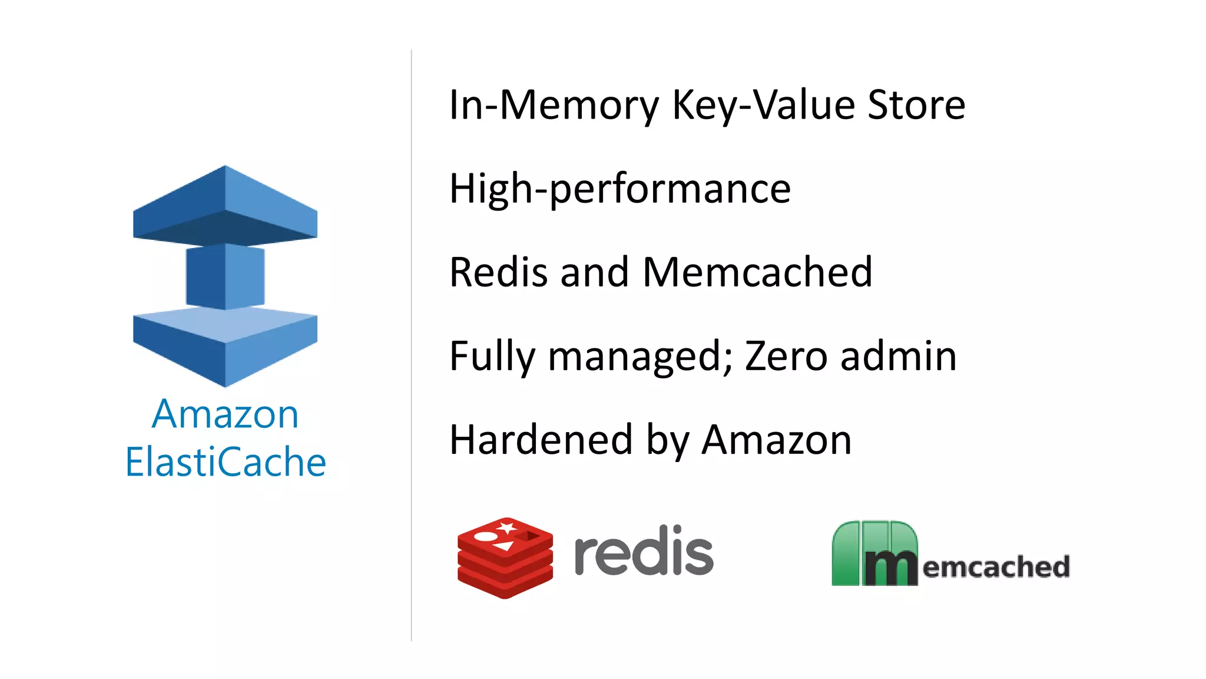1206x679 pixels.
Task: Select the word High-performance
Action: pos(619,189)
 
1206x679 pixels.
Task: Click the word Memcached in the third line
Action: pos(757,273)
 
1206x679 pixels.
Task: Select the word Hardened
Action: pos(541,440)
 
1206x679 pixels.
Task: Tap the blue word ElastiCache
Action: pos(226,462)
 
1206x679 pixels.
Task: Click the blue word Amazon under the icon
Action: pos(226,414)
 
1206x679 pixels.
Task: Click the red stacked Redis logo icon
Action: pos(505,558)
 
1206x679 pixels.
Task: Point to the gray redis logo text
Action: pos(644,551)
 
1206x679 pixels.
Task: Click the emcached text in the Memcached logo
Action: pos(996,567)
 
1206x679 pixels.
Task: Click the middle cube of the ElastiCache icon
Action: pos(226,276)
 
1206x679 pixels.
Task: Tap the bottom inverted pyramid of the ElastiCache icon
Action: pos(226,348)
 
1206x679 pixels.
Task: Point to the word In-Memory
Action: pos(554,106)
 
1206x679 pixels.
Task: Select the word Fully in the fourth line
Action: pos(492,357)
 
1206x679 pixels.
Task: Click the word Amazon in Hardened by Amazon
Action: pos(777,440)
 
